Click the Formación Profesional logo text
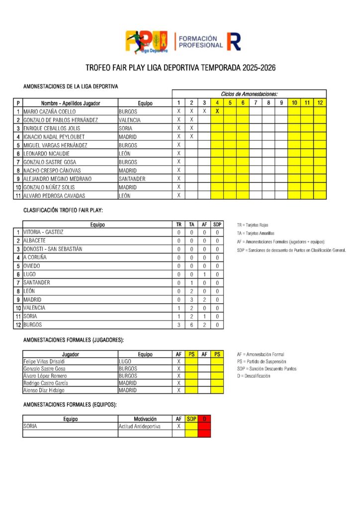200,42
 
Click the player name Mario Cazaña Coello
49,112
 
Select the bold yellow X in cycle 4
217,111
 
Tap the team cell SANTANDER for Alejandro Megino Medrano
132,178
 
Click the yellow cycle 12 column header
320,103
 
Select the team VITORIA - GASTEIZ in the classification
43,232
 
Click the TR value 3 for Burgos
179,325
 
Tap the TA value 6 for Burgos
191,325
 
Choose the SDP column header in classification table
217,224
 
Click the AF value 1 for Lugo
204,274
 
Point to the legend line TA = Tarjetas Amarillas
256,233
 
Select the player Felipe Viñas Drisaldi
44,361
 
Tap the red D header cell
204,419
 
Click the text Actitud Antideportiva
139,426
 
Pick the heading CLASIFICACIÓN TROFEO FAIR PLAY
63,210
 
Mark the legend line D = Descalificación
254,376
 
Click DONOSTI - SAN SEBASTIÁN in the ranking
53,249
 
